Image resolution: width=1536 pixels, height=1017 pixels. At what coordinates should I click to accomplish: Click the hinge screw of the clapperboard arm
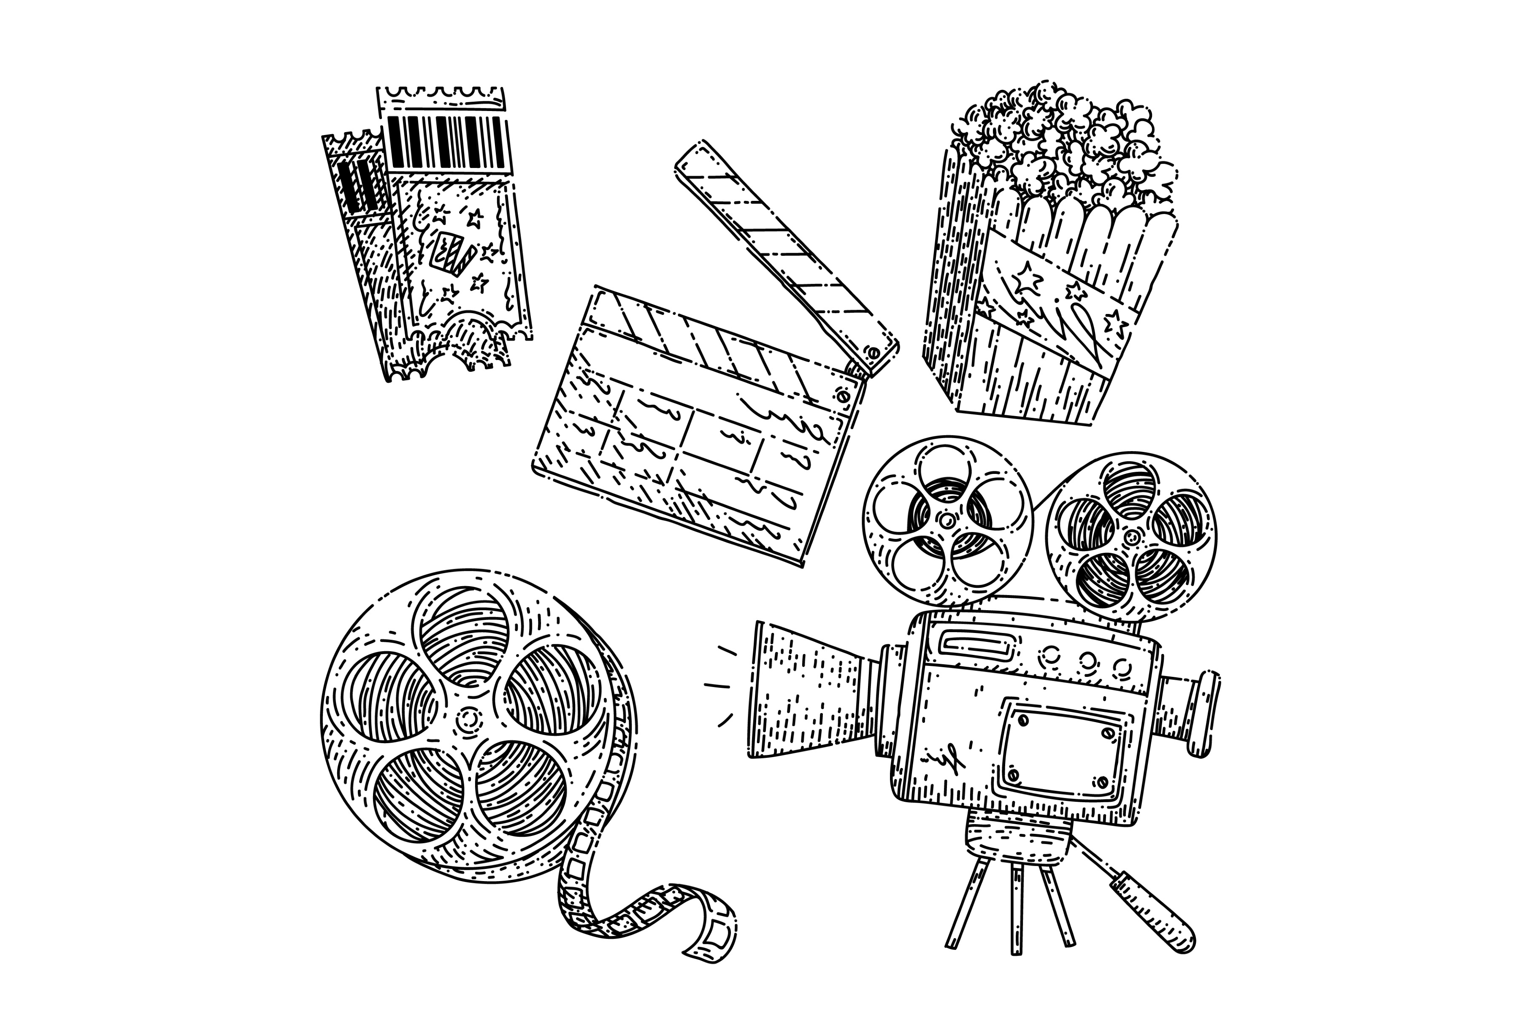pyautogui.click(x=874, y=354)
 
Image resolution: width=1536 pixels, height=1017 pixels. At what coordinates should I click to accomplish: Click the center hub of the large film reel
pyautogui.click(x=468, y=719)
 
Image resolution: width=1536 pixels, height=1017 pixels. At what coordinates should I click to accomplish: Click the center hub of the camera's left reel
pyautogui.click(x=946, y=519)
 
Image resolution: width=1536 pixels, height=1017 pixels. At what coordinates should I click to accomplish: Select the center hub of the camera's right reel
pyautogui.click(x=1133, y=536)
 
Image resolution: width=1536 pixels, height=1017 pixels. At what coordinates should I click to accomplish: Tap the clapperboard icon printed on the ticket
pyautogui.click(x=452, y=256)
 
